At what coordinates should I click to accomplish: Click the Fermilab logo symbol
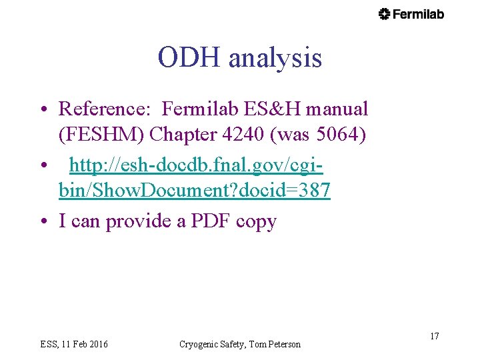(x=384, y=14)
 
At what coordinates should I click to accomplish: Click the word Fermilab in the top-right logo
(x=418, y=14)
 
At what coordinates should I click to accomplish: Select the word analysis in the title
(x=275, y=58)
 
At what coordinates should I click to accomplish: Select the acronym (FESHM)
(x=101, y=135)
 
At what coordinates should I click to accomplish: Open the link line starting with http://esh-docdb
(x=197, y=164)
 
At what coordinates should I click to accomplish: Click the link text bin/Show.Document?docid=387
(x=194, y=191)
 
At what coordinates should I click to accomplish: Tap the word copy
(x=256, y=221)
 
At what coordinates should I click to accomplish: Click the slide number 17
(x=434, y=336)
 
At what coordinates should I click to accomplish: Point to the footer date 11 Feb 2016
(x=85, y=344)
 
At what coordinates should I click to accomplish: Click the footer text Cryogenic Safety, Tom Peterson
(x=240, y=344)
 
